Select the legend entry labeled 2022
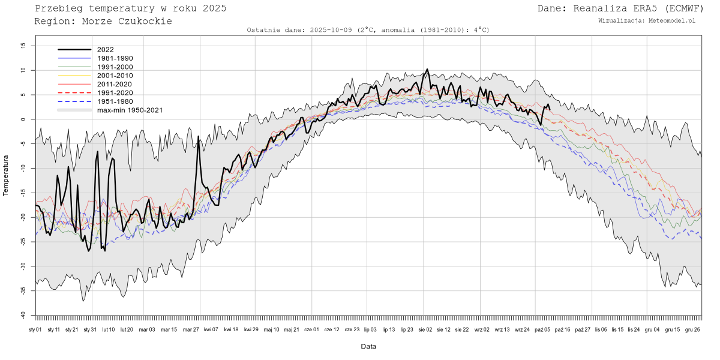click(x=105, y=50)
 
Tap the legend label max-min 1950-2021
click(x=130, y=110)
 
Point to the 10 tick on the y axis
click(x=23, y=70)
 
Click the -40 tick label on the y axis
click(x=22, y=315)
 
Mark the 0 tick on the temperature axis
click(x=24, y=119)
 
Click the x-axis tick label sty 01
click(x=35, y=329)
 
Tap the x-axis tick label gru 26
click(x=692, y=329)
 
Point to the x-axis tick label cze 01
click(x=312, y=329)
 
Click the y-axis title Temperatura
click(x=7, y=176)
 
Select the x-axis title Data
click(x=368, y=346)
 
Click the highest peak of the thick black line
click(x=427, y=69)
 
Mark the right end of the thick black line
click(x=549, y=109)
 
